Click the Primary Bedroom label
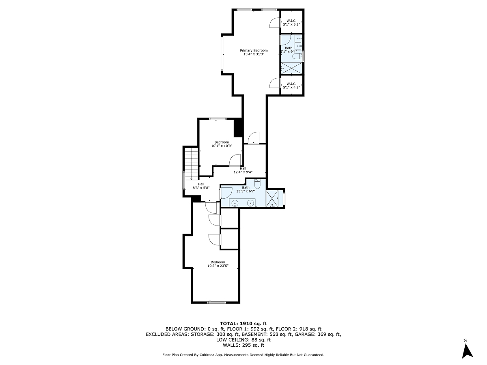click(254, 52)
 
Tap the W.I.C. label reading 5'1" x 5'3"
click(291, 23)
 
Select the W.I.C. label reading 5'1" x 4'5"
click(291, 86)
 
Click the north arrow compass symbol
click(468, 350)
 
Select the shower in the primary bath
click(292, 68)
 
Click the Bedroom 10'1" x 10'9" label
click(222, 144)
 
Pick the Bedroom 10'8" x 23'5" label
click(218, 264)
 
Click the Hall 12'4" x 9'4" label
click(243, 170)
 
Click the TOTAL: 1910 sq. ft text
click(243, 323)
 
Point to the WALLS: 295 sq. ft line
click(243, 346)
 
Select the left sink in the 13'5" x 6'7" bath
click(235, 203)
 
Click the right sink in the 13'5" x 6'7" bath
click(251, 203)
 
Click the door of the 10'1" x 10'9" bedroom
click(235, 161)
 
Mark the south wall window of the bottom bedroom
click(217, 302)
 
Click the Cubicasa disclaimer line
click(243, 355)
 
